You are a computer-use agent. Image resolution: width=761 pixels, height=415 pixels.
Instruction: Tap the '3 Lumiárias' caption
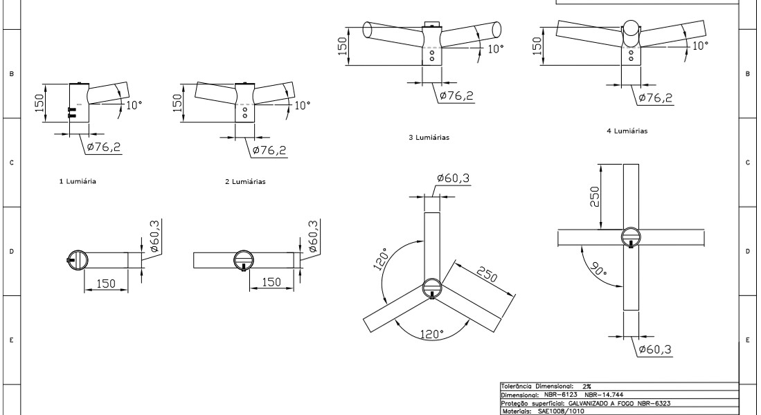point(429,138)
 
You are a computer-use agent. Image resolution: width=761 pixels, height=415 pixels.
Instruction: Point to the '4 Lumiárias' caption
point(628,131)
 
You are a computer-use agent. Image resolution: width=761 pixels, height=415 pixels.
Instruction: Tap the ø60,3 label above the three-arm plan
point(454,179)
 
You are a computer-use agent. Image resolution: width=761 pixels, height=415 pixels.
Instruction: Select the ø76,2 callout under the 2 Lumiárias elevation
point(269,150)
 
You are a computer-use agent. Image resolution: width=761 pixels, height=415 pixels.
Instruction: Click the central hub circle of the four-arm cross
point(631,236)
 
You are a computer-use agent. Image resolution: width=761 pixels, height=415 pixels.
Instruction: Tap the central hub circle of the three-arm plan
point(432,286)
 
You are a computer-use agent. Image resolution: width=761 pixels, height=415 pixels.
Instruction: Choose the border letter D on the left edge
point(10,252)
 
